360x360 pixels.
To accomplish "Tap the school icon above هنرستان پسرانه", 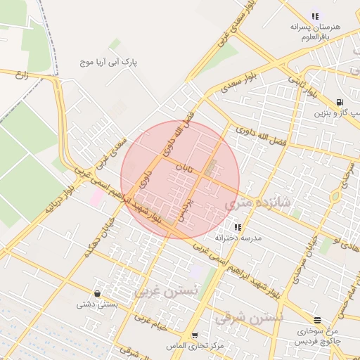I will click(x=315, y=15).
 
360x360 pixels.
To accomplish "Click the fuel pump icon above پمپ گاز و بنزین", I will click(x=340, y=101).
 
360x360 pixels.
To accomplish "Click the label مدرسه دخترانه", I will click(x=238, y=238).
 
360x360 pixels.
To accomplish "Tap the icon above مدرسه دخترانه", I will click(x=238, y=227).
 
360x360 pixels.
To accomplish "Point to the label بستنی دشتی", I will click(x=96, y=304).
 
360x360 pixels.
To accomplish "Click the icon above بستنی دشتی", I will click(x=96, y=293).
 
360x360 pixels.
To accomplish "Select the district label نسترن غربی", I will click(x=167, y=290).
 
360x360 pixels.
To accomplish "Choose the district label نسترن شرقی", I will click(x=250, y=318).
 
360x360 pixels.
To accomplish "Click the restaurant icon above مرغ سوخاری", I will click(x=317, y=320).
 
